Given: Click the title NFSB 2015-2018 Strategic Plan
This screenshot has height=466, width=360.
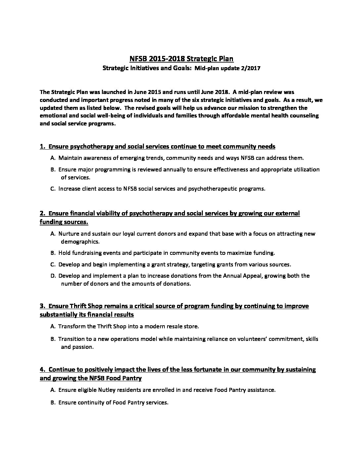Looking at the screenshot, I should pos(181,59).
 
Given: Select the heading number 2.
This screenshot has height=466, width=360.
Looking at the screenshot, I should pos(42,213).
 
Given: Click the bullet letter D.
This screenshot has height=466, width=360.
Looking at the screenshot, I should pos(53,276).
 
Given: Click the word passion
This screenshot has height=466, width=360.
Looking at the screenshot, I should pos(83,347).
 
